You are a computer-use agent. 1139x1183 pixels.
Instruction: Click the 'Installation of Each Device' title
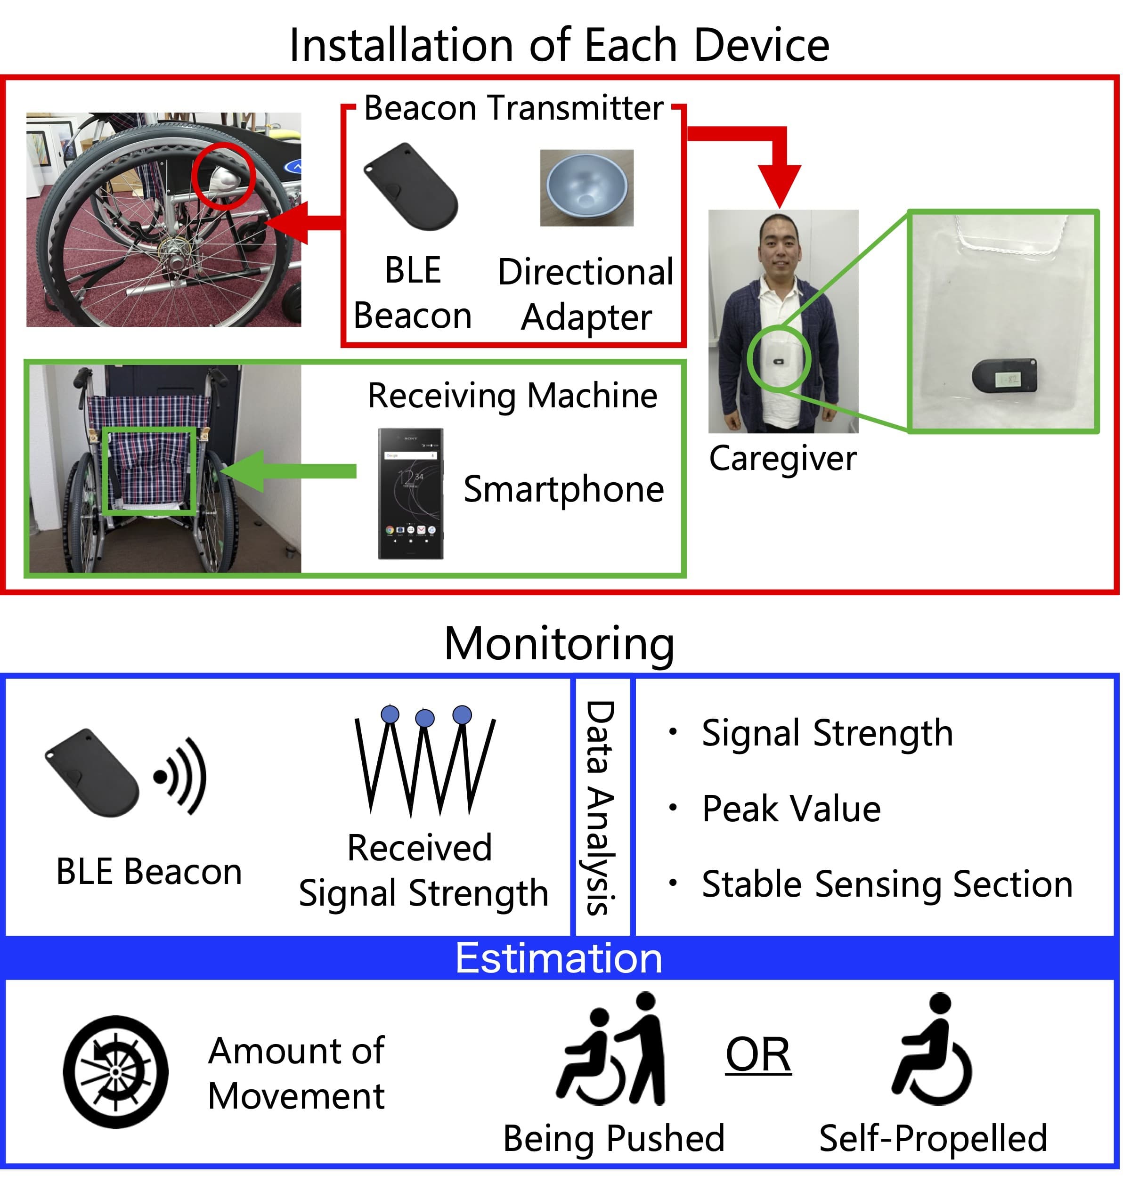[x=559, y=45]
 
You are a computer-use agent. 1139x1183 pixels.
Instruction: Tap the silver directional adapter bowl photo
[x=586, y=188]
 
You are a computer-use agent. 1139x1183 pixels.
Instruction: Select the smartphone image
[x=410, y=493]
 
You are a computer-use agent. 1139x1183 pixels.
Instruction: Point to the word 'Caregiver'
[x=782, y=459]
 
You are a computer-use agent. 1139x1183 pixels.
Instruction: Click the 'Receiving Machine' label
[x=512, y=396]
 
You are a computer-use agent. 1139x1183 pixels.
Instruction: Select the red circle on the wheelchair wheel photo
[x=224, y=176]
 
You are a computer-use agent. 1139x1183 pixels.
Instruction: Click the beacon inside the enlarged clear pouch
[x=1004, y=376]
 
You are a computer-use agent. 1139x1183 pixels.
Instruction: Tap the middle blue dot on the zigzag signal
[x=425, y=718]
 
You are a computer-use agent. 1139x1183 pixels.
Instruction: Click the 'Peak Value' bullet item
[x=791, y=809]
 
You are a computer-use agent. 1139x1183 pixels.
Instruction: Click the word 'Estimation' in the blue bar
[x=559, y=958]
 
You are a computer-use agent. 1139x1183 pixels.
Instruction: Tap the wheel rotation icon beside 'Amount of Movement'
[x=116, y=1071]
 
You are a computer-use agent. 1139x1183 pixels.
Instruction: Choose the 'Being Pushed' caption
[x=613, y=1138]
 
